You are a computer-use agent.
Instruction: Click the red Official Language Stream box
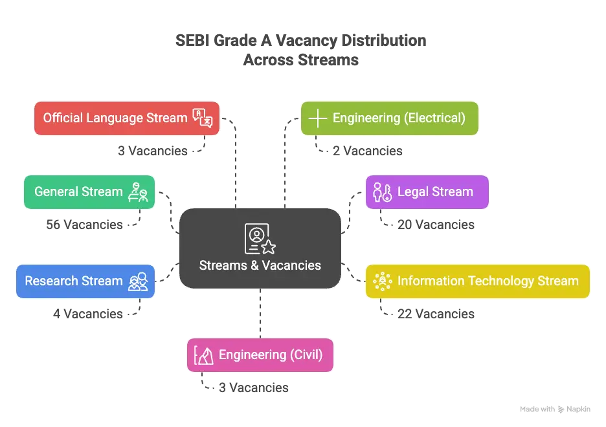click(127, 118)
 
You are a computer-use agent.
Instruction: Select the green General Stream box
click(89, 192)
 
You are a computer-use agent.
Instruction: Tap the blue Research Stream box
click(85, 281)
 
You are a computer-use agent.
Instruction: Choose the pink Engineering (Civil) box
click(261, 355)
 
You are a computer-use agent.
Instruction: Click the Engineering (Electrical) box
click(389, 118)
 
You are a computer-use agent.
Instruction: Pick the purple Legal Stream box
click(427, 192)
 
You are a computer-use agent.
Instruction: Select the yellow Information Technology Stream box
click(477, 281)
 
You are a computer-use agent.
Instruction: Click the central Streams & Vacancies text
click(260, 265)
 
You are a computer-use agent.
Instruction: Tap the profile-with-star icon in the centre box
click(260, 238)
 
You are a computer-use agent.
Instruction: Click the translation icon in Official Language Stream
click(203, 118)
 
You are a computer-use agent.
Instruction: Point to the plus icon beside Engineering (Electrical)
click(317, 118)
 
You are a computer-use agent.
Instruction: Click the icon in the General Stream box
click(138, 192)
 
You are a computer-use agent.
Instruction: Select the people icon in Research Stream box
click(138, 281)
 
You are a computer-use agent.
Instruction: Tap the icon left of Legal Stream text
click(382, 192)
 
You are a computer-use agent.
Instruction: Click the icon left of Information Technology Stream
click(383, 281)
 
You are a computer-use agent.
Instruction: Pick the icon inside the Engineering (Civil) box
click(204, 355)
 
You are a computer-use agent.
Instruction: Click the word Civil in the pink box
click(303, 355)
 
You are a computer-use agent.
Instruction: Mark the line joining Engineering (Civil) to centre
click(260, 313)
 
